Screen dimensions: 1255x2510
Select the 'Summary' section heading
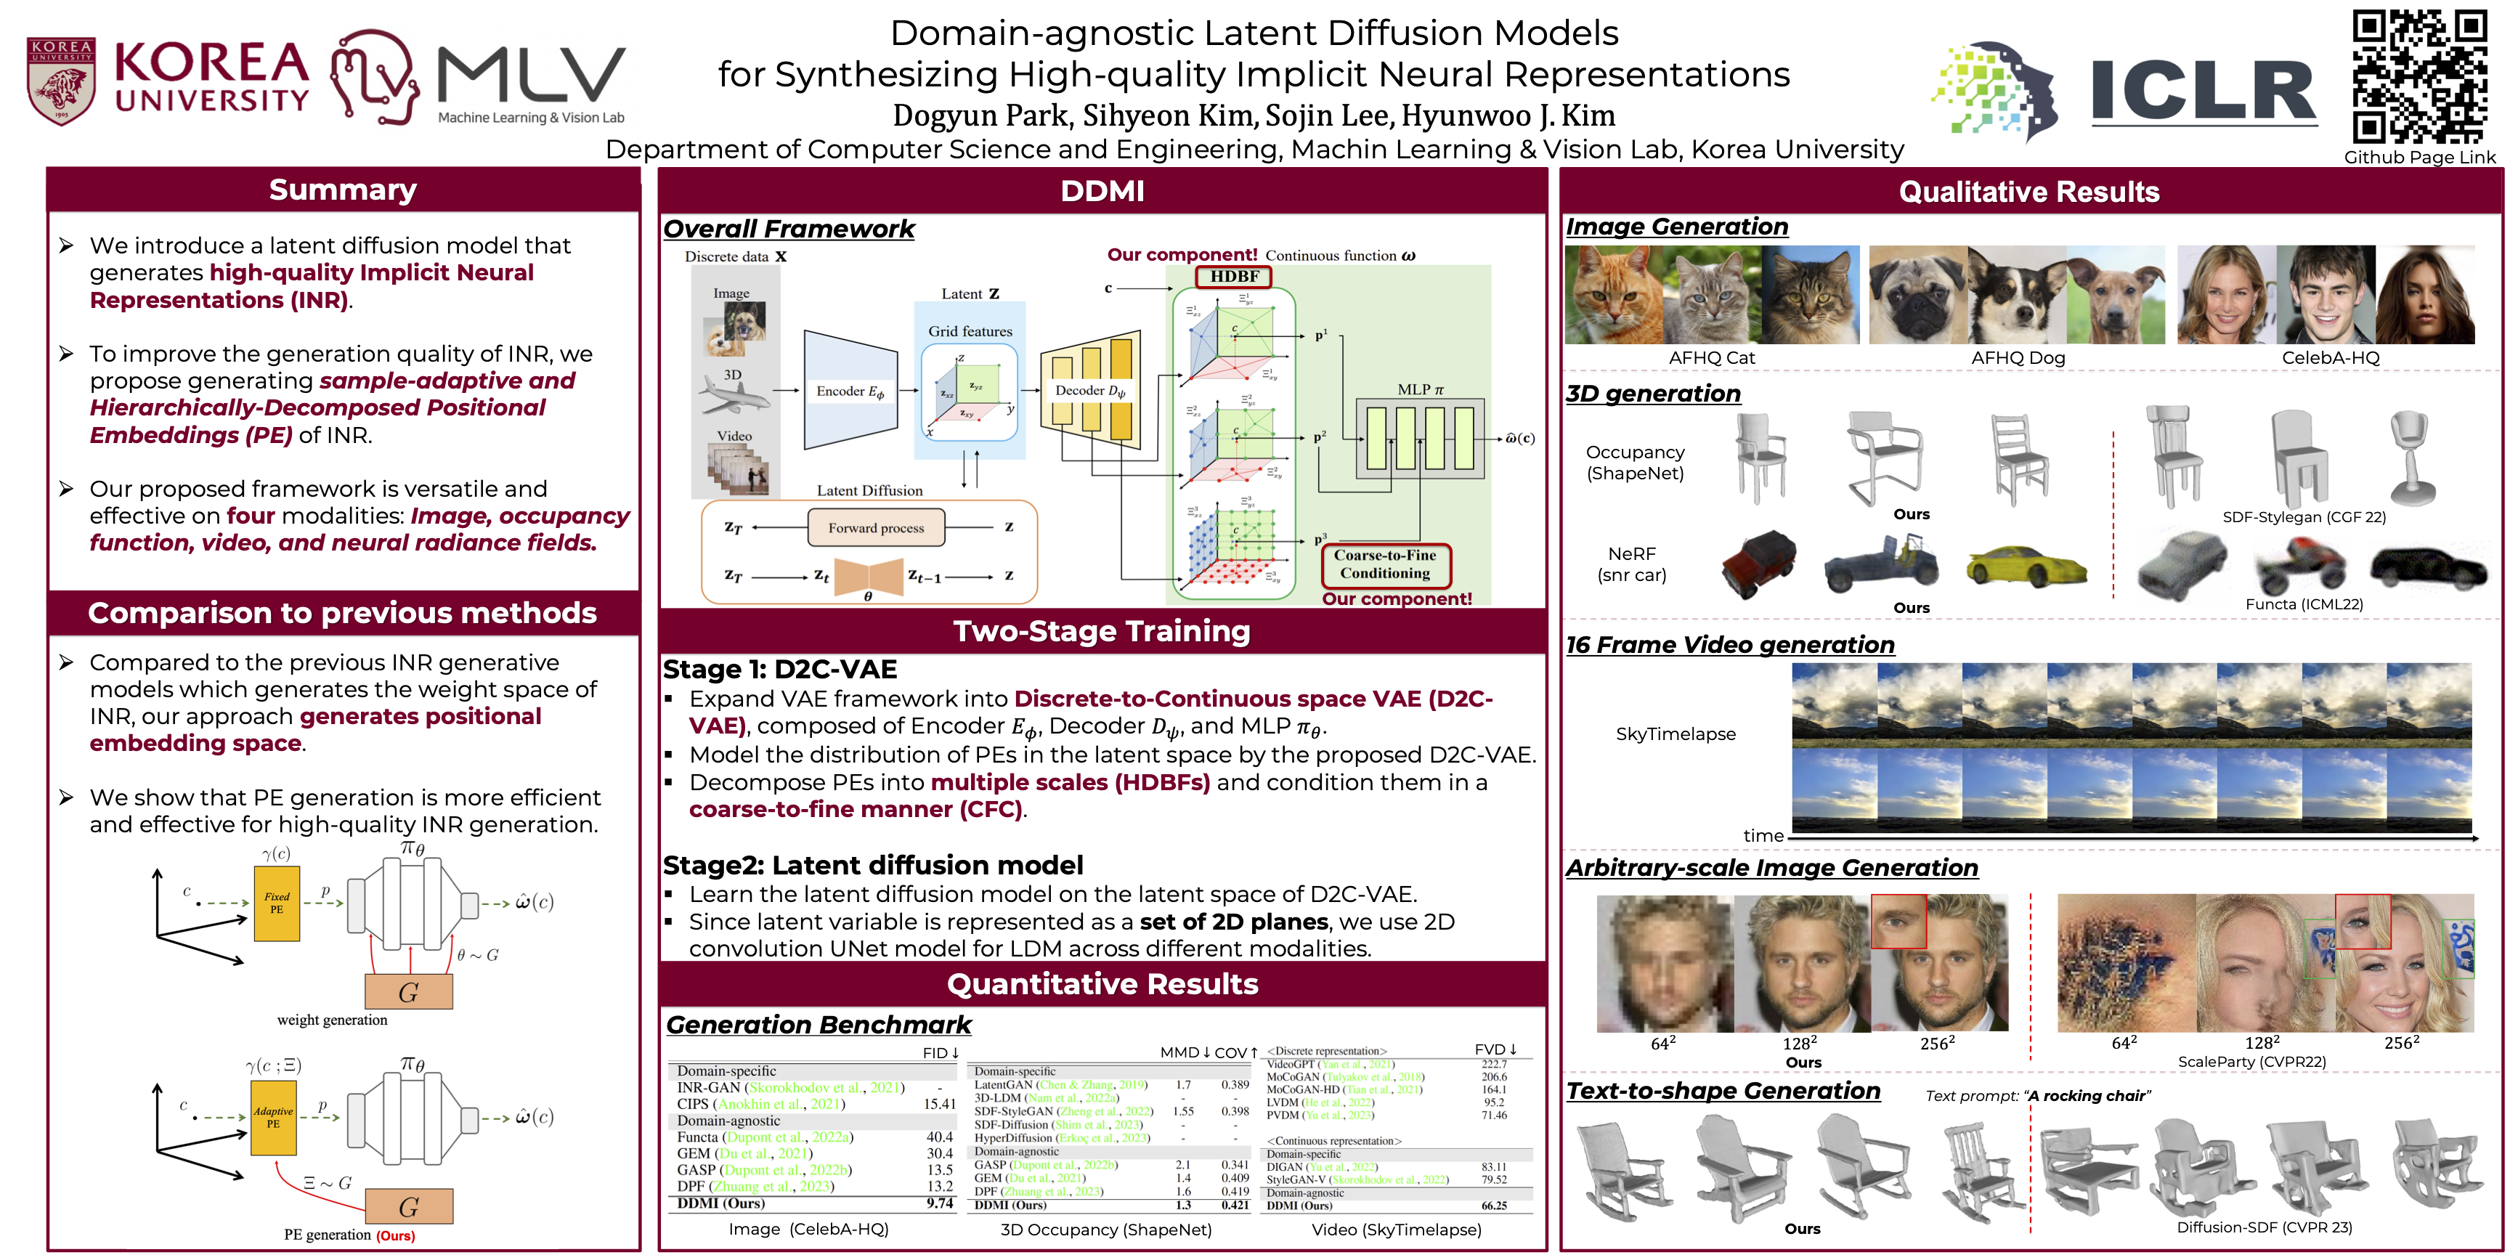343,190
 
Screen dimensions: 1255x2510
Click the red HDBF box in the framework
1233,277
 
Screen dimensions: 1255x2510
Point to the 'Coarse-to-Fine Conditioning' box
1384,564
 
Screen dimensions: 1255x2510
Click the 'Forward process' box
876,528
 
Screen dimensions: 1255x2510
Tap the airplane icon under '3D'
733,396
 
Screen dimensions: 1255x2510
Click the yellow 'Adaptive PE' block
273,1118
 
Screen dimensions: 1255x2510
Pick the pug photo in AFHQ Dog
1917,296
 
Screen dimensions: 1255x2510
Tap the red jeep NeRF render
1759,562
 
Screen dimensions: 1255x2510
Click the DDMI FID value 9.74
939,1203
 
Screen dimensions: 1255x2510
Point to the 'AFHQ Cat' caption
1711,357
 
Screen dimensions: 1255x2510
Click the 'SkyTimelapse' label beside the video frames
1675,734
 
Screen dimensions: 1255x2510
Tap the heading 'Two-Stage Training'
1101,631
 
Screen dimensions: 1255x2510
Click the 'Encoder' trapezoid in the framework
849,391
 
